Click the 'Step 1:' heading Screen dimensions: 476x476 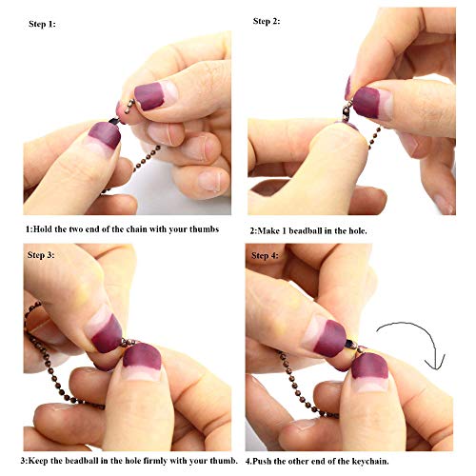[42, 24]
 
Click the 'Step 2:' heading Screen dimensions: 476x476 [267, 21]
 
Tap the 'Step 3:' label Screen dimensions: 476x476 [41, 255]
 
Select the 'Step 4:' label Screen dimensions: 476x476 [265, 255]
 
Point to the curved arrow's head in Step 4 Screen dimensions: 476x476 [436, 364]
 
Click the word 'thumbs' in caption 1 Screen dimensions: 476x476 [204, 229]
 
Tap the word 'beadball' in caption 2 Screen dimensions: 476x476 [307, 230]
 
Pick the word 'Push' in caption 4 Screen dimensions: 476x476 [263, 461]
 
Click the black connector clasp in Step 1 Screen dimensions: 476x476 [114, 121]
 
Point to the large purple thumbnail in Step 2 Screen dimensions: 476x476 [367, 102]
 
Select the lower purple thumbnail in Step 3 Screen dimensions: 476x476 [142, 357]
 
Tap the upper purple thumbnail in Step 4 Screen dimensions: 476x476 [330, 338]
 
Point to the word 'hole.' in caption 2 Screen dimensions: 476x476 [358, 230]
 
